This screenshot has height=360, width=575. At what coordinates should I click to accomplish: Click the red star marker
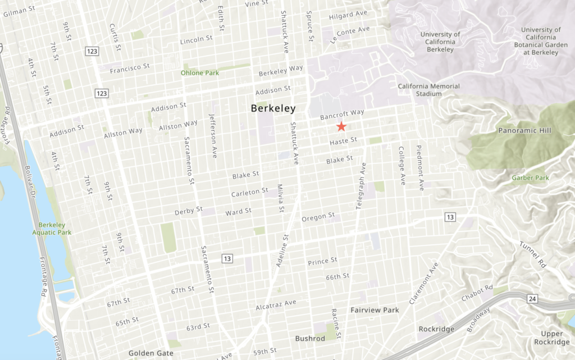tap(341, 127)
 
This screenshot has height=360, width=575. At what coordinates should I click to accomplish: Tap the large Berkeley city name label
tap(273, 108)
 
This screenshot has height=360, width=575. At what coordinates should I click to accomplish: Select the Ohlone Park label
tap(199, 72)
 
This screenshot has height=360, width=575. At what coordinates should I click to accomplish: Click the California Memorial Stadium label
tap(428, 90)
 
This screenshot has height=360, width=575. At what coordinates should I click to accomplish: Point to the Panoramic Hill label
tap(524, 131)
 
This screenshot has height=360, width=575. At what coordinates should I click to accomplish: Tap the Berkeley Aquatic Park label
tap(52, 228)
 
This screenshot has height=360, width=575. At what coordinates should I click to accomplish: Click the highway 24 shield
tap(531, 299)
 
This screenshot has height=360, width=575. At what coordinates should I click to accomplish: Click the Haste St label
tap(343, 142)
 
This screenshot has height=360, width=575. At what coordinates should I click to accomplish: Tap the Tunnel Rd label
tap(532, 253)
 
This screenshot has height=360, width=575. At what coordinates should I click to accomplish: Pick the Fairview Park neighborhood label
tap(375, 310)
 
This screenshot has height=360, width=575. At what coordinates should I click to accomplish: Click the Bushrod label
tap(310, 339)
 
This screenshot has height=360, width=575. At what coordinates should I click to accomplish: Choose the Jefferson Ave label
tap(212, 136)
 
